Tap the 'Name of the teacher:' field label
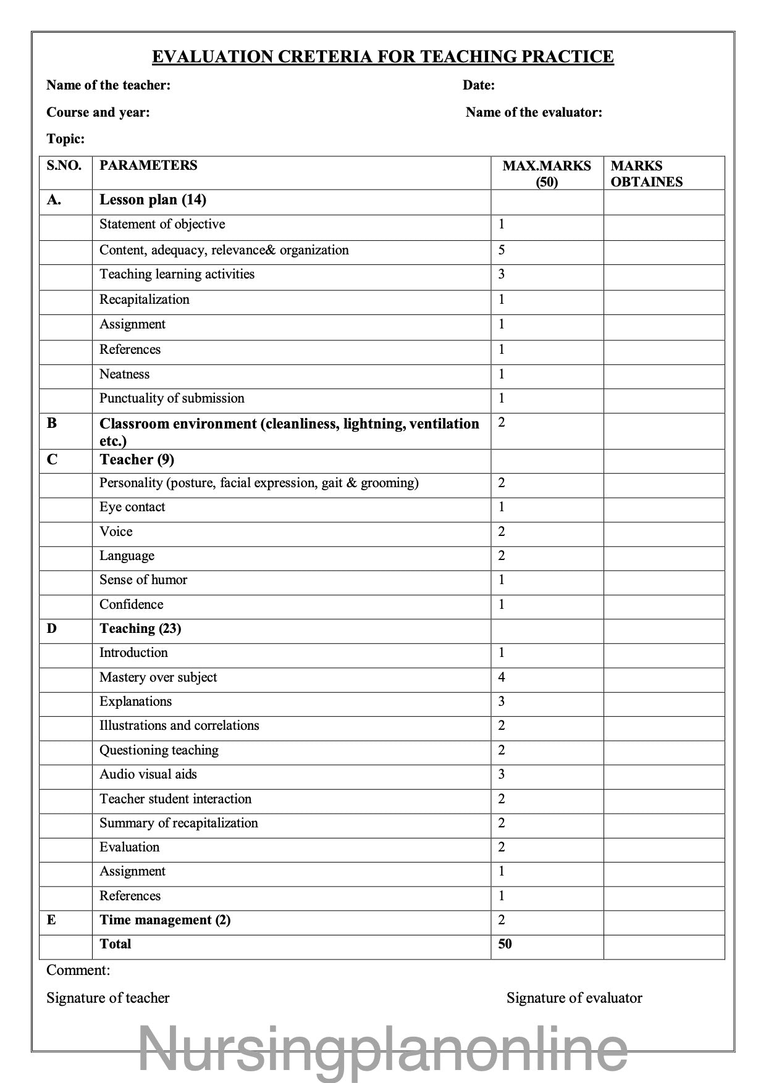(108, 85)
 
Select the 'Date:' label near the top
(479, 85)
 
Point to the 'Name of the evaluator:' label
(534, 112)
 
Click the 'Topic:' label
(65, 139)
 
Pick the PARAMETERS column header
(148, 165)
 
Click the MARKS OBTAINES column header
(646, 174)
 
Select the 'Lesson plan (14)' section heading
(153, 199)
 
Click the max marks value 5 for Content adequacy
(502, 250)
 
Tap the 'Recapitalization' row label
(145, 299)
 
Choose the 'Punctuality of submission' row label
(172, 398)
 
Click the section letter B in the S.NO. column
(52, 424)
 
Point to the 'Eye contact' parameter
(132, 507)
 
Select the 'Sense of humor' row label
(143, 580)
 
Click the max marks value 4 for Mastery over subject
(502, 677)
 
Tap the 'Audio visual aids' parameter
(148, 774)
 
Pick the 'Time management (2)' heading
(165, 920)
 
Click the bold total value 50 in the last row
(505, 944)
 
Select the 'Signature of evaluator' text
(574, 998)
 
